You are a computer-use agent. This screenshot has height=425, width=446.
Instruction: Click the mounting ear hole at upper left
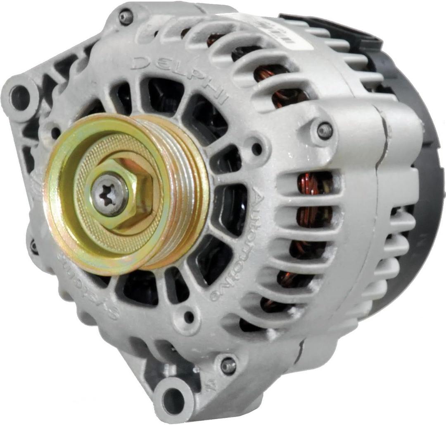(20, 98)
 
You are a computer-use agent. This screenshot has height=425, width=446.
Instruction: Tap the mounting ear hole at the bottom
(174, 400)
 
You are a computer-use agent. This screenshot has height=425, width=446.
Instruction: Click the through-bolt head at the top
(125, 17)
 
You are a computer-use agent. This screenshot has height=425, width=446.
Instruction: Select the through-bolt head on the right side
(325, 130)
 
